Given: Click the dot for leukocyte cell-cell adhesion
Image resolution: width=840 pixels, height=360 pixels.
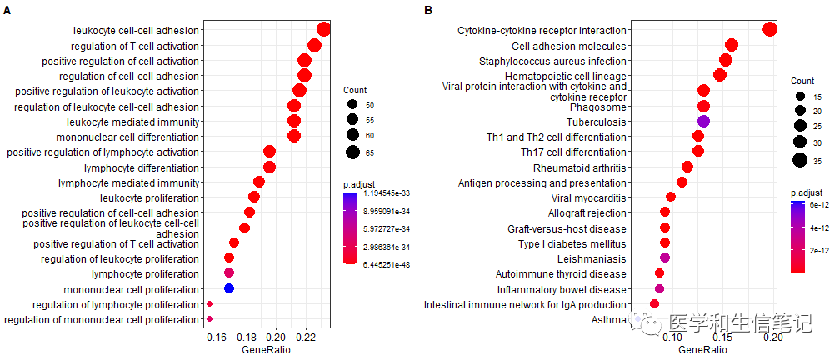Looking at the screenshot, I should point(324,30).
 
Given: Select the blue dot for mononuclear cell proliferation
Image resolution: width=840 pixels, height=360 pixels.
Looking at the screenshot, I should point(229,288).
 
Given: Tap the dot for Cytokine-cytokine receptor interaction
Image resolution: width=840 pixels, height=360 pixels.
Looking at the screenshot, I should point(770,30).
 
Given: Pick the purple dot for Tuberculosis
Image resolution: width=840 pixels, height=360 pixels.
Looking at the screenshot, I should point(703,122).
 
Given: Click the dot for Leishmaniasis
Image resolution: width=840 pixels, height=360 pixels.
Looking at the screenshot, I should point(664,258).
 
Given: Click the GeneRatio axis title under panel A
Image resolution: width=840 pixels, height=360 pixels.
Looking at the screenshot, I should point(266,351).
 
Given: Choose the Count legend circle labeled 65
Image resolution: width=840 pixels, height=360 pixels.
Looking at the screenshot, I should point(353,151).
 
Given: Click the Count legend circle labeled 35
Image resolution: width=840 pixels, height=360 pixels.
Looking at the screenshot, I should point(801,160).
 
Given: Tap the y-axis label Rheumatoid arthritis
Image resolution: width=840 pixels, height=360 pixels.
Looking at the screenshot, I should point(574,167).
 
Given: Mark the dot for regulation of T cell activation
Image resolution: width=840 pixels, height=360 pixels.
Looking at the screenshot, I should point(314,46).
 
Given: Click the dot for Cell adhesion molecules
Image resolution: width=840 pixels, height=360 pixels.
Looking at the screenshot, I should point(732,46).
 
